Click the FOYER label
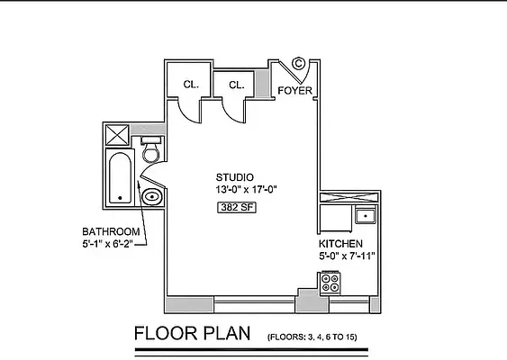294,91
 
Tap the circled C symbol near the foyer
300,65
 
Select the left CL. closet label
191,85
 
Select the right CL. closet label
236,85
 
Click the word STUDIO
234,176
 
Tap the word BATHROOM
111,230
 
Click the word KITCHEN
340,244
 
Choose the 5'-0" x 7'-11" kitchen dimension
347,256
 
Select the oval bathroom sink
153,196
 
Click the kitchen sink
365,215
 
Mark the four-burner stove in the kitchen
330,282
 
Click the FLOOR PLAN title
193,334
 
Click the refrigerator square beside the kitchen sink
333,217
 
